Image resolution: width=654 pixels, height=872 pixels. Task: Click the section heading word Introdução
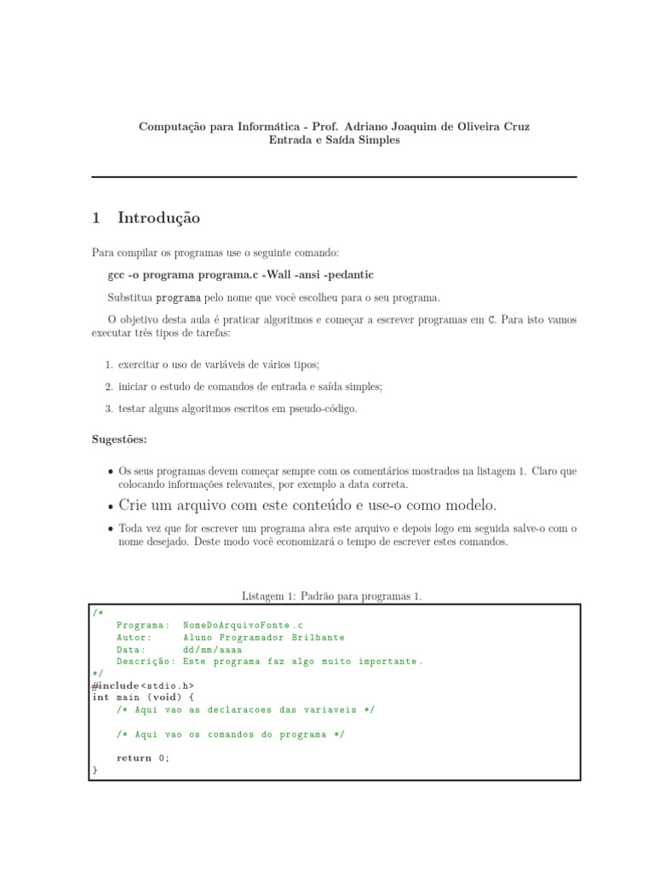[159, 218]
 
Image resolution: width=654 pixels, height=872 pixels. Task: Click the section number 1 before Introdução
[96, 218]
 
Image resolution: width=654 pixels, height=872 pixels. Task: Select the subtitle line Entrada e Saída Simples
[334, 141]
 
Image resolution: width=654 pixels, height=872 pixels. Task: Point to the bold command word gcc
[117, 276]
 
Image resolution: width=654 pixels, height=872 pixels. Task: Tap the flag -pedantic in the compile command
[344, 276]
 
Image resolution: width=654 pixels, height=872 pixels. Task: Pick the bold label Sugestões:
[119, 439]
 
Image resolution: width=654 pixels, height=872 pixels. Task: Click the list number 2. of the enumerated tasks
[110, 387]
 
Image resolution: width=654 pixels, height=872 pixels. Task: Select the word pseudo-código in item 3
[327, 409]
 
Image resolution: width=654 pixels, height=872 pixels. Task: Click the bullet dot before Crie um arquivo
[112, 506]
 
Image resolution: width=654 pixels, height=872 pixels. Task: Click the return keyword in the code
[134, 758]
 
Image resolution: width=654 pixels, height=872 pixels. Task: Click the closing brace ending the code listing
[95, 771]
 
